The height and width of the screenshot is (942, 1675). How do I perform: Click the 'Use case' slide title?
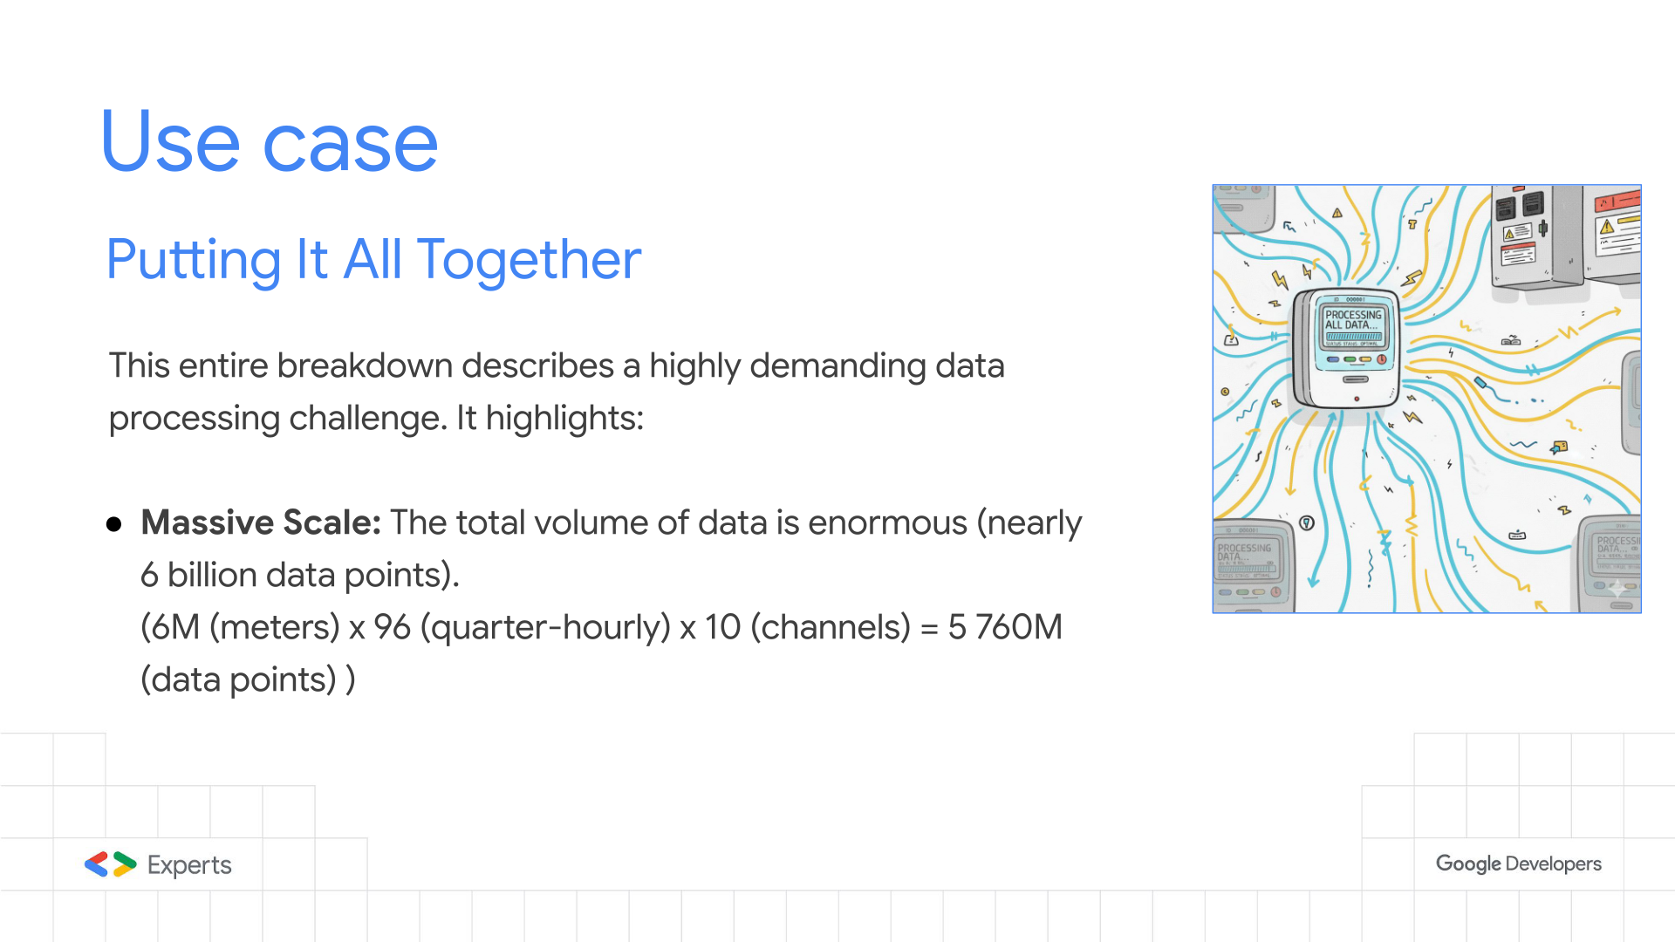270,141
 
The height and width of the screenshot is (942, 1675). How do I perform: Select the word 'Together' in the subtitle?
529,260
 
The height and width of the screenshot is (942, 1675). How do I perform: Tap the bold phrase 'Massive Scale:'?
261,522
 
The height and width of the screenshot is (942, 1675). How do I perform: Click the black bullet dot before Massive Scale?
113,524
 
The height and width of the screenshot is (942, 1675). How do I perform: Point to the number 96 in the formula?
392,627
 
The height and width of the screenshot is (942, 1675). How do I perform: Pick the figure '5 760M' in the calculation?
1005,627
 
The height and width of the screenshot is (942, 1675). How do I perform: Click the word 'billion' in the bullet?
212,575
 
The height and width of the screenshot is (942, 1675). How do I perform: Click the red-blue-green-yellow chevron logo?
111,864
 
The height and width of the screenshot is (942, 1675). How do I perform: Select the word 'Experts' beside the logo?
189,865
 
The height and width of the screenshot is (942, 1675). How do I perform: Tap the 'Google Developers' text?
1519,863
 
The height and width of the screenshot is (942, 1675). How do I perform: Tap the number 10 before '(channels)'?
722,627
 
